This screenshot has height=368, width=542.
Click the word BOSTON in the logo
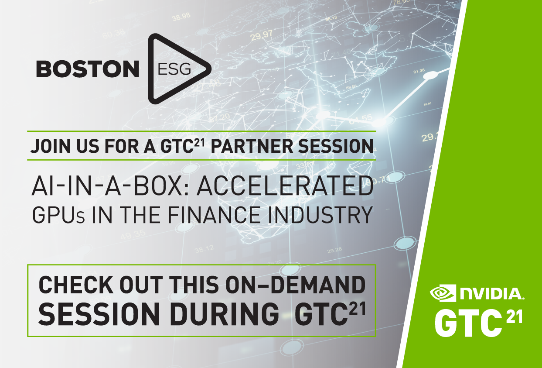point(87,69)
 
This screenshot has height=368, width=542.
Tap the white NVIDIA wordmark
point(490,293)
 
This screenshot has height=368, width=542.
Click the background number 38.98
point(181,18)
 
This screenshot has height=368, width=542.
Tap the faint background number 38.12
point(205,249)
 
